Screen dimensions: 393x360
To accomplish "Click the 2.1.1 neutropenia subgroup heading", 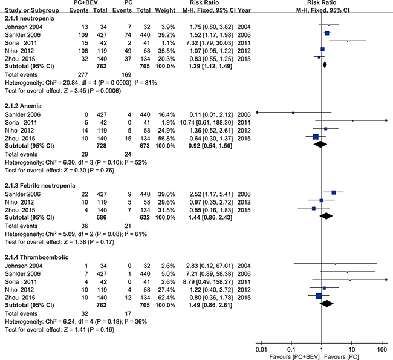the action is pos(30,19).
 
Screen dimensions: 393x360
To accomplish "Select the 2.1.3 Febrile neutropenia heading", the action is pos(40,186).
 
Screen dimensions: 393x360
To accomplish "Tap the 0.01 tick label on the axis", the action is pos(261,350).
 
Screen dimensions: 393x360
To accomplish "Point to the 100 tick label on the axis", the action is pos(382,350).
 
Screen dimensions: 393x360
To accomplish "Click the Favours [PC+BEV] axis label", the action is pos(294,357).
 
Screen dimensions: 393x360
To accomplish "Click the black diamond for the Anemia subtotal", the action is pos(320,144).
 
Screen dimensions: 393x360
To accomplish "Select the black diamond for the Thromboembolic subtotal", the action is pos(326,304).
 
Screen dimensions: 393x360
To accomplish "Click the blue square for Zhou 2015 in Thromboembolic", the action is pos(319,296).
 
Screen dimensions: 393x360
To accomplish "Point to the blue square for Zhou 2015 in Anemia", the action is pos(316,137).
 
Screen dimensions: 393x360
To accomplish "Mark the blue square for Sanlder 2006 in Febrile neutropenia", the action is pos(334,192).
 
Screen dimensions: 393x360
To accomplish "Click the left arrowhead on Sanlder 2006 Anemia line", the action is pos(257,113).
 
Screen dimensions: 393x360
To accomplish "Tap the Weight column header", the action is pos(165,10).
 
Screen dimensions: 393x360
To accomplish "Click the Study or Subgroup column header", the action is pos(32,10).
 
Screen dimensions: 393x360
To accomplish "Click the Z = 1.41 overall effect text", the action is pos(75,330).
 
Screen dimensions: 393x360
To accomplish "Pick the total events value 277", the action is pos(82,75).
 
